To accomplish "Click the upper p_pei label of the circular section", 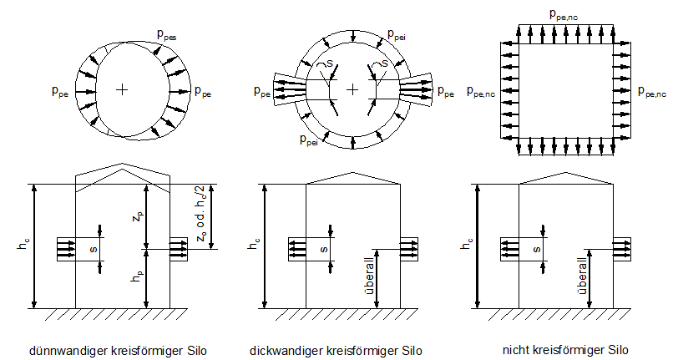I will pos(397,34).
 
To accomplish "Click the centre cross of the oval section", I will pos(123,89).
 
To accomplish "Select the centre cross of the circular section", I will pos(353,89).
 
